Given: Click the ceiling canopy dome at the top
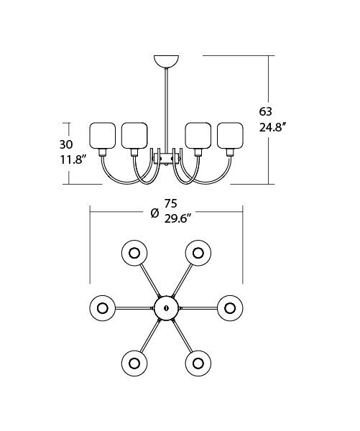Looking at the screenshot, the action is [x=167, y=61].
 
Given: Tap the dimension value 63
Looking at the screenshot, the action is [x=265, y=111].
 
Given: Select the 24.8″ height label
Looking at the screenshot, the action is [x=273, y=127].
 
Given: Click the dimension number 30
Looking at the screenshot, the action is [x=66, y=144].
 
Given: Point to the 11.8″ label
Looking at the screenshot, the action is [x=72, y=159].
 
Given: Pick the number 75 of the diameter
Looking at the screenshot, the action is [x=170, y=204].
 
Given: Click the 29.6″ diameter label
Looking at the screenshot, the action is [x=177, y=219].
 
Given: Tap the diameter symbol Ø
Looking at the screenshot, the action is [x=155, y=213].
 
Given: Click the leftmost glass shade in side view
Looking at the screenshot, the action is [x=103, y=136].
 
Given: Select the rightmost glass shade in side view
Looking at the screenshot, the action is [x=230, y=136].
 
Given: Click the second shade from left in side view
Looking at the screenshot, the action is [x=134, y=136].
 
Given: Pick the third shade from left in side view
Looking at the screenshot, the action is [x=198, y=136].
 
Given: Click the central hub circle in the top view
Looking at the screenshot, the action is [x=166, y=308].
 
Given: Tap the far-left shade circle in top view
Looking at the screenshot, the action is [x=102, y=308].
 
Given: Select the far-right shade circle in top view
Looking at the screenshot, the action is [x=230, y=308].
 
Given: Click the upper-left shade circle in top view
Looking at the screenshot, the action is [x=134, y=253].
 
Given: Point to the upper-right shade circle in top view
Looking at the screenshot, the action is [x=198, y=253].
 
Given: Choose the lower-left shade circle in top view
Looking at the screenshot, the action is [x=134, y=363].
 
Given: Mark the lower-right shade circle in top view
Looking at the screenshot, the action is [x=198, y=363].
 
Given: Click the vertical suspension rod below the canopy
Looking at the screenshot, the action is [x=167, y=111].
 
